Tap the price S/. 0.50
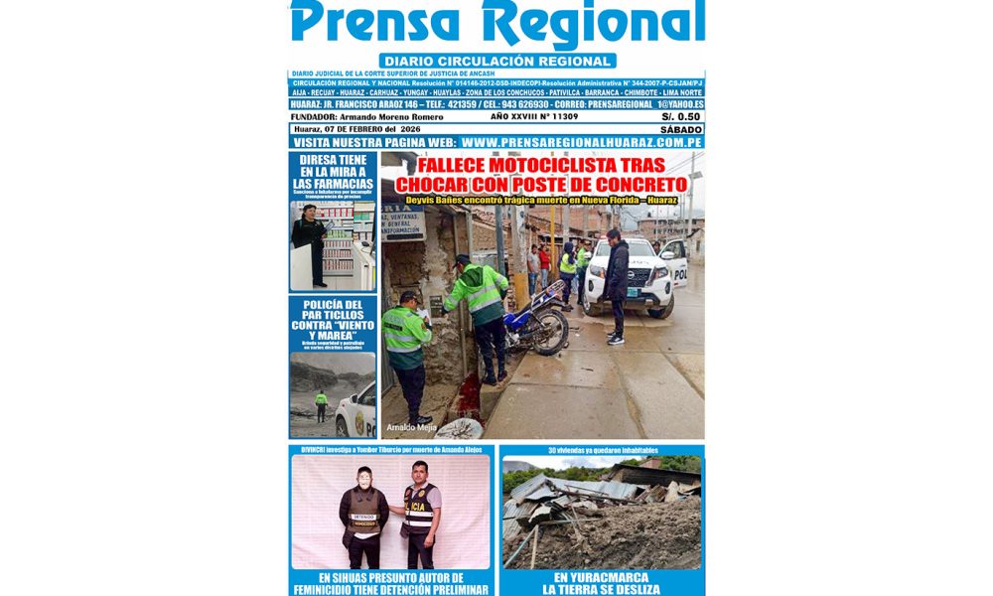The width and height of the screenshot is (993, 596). pos(681,116)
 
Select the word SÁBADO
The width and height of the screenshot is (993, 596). pos(680,129)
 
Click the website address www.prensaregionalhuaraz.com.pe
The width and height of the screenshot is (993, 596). pos(582,142)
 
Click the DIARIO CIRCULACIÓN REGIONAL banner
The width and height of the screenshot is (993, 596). pos(496,61)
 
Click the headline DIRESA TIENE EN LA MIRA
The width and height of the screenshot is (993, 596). pos(334,171)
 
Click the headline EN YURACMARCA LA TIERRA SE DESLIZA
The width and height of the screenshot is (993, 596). pos(602,583)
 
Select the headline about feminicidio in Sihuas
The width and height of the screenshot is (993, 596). pos(391,583)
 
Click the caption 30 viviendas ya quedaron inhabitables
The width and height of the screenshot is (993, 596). pos(602,450)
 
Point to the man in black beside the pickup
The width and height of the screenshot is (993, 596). pos(617,283)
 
